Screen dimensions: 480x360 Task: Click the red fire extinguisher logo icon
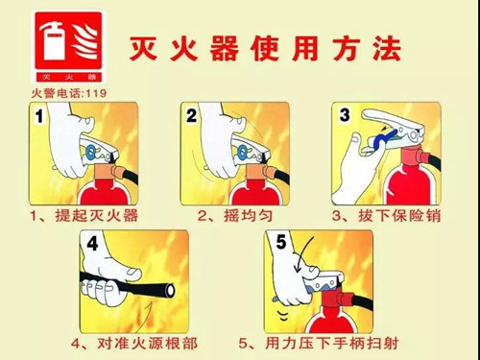tap(68, 47)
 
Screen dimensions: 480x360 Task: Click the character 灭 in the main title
tap(144, 48)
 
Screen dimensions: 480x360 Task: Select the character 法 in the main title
tap(387, 48)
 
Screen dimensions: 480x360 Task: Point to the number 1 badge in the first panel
tap(39, 116)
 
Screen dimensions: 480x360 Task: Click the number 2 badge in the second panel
tap(192, 115)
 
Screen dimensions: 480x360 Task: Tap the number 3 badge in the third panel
tap(345, 115)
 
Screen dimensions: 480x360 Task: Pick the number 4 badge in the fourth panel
tap(92, 244)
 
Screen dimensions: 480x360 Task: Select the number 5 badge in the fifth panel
tap(281, 242)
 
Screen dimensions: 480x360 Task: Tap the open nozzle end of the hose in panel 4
tap(170, 290)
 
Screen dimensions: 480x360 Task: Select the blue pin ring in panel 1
tap(90, 152)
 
